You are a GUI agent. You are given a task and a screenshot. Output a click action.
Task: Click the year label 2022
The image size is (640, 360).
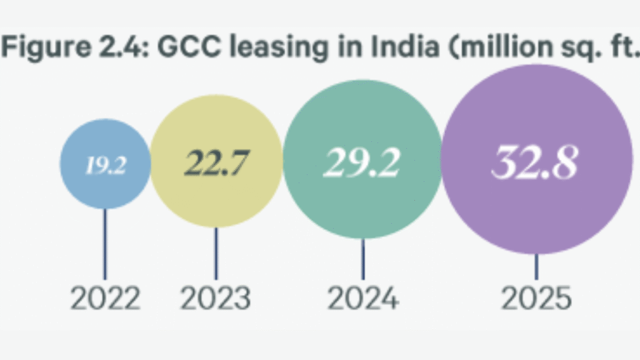105,299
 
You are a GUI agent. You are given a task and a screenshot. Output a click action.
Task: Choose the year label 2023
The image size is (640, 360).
216,299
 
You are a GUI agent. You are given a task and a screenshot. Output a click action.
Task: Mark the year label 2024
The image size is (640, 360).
363,299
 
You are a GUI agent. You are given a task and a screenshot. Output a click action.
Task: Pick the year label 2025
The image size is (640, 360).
537,299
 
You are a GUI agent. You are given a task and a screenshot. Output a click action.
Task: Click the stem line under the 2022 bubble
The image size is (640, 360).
105,244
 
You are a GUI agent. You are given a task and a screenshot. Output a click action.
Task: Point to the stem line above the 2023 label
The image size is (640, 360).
216,253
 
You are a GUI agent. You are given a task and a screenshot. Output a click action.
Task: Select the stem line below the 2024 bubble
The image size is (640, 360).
363,259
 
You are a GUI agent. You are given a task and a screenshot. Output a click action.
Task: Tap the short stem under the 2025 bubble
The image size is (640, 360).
536,267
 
